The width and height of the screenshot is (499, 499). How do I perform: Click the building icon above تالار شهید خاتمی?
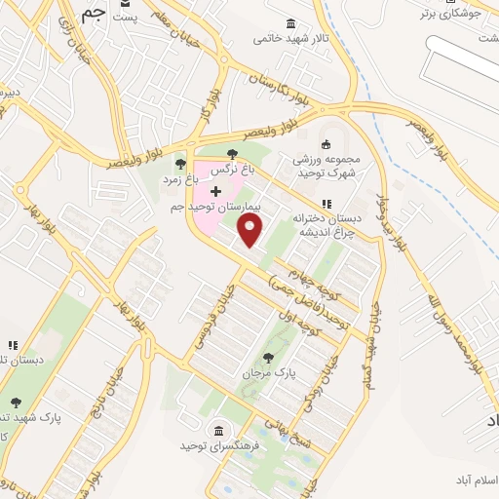290,23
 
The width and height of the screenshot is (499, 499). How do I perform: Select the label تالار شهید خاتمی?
288,39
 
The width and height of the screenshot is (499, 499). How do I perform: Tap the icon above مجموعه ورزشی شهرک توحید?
326,144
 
